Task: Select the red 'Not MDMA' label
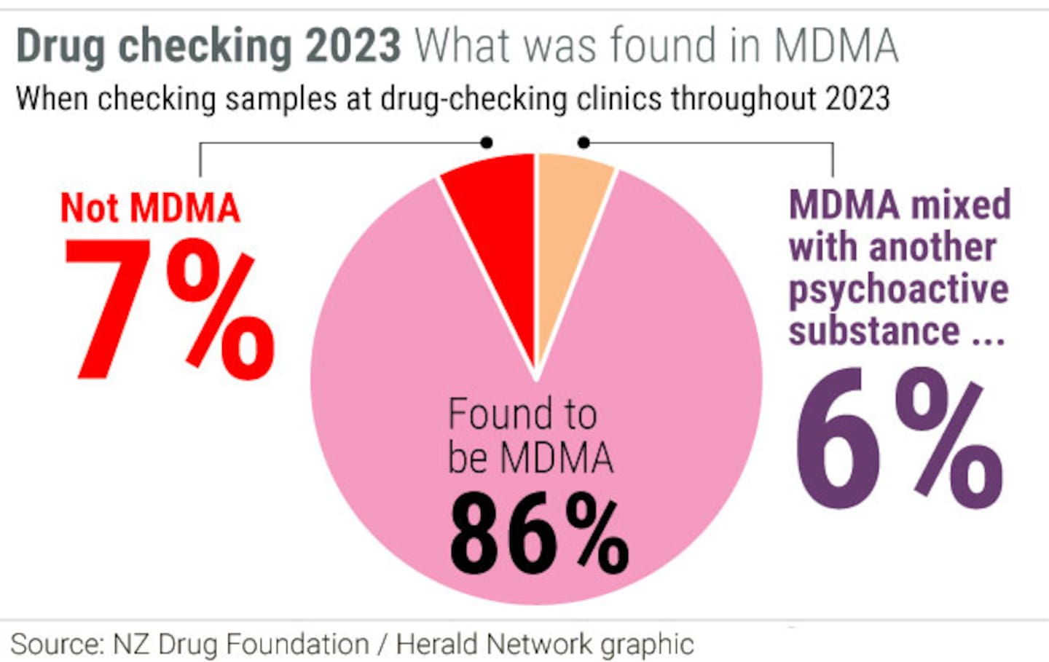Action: pyautogui.click(x=150, y=208)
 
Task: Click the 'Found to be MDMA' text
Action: pyautogui.click(x=529, y=436)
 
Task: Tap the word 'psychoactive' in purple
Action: pyautogui.click(x=899, y=290)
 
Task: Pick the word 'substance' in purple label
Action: pyautogui.click(x=874, y=331)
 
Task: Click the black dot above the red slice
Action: pyautogui.click(x=487, y=143)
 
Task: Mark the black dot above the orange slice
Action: pyautogui.click(x=584, y=143)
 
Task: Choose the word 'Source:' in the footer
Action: pyautogui.click(x=57, y=645)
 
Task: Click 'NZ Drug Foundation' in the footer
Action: pyautogui.click(x=241, y=645)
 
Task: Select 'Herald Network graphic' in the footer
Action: pyautogui.click(x=545, y=645)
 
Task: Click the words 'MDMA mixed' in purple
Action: pyautogui.click(x=900, y=205)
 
